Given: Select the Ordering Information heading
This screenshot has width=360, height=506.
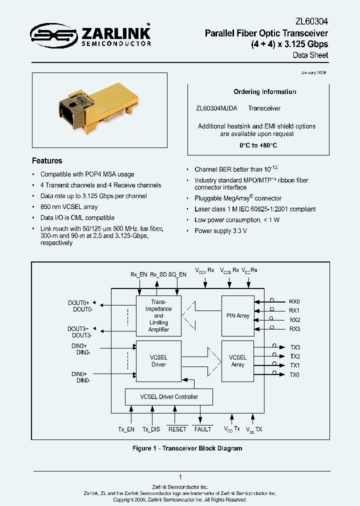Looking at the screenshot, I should tap(265, 92).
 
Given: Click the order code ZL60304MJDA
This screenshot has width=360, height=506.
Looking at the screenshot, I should tap(216, 108).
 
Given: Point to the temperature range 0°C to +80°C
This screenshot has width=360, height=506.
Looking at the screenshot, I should tap(258, 145).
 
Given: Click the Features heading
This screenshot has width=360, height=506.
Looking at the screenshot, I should tap(47, 161).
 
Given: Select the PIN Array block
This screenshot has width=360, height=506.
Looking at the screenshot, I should tap(237, 315).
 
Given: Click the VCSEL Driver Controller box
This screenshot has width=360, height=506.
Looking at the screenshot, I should tap(168, 397).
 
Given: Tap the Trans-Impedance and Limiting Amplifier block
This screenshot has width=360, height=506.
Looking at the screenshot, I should tap(158, 315).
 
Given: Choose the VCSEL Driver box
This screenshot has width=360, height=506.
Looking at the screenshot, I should tap(158, 361).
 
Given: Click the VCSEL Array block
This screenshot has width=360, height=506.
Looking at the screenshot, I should tap(237, 361).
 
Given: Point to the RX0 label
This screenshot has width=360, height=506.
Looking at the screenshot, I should tap(294, 302).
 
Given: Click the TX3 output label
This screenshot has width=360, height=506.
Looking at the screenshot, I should tap(294, 347).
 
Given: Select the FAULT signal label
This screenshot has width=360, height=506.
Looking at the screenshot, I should tap(202, 429).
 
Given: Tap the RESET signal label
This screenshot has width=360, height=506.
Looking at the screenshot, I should tap(177, 429).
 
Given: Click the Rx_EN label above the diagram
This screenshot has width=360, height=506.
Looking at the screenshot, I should tap(138, 274).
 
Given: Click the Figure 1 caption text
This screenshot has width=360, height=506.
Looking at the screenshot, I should tap(187, 448).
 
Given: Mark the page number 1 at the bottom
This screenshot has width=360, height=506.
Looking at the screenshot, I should tap(180, 477).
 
